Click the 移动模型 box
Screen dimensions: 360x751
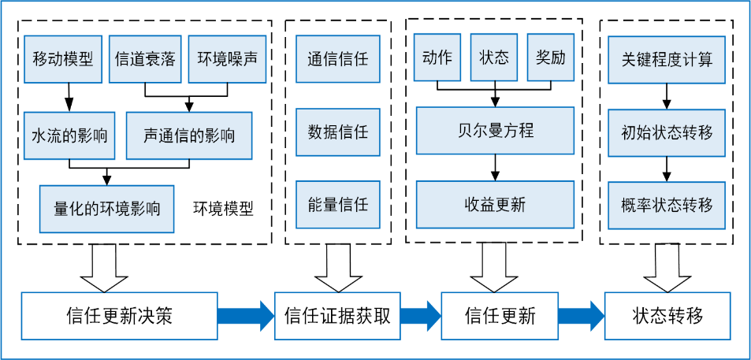(x=63, y=59)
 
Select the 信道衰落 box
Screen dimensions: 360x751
(x=145, y=59)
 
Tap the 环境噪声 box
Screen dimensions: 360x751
(x=227, y=59)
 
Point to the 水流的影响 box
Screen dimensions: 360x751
(x=69, y=135)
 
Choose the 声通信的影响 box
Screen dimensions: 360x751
(x=189, y=135)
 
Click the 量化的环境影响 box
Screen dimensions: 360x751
(x=107, y=209)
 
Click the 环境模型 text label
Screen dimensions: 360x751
(x=224, y=209)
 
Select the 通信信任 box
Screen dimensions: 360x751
(x=337, y=59)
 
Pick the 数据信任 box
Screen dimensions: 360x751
(x=337, y=132)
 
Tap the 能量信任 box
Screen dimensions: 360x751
(x=337, y=205)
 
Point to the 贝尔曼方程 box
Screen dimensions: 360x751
(x=495, y=130)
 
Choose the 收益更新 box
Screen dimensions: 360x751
(x=495, y=205)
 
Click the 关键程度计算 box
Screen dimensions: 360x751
(x=667, y=59)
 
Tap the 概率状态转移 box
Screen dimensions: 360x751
(x=667, y=205)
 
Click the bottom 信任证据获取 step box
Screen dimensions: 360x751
(x=337, y=316)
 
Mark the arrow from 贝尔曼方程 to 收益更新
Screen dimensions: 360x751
(x=495, y=167)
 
